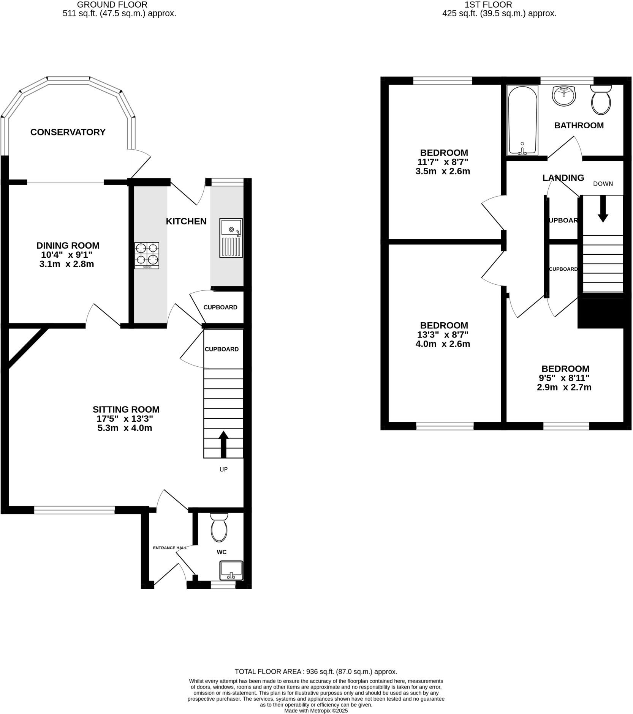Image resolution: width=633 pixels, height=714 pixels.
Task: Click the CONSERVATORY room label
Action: click(x=68, y=132)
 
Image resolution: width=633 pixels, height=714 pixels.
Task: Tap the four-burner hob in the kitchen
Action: click(x=147, y=255)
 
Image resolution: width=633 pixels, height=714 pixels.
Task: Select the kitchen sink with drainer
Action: click(x=231, y=238)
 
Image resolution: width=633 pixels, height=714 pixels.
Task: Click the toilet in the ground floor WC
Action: click(x=219, y=528)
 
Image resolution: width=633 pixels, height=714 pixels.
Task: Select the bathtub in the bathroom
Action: click(x=522, y=120)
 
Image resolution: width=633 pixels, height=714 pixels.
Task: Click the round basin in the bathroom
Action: click(x=564, y=96)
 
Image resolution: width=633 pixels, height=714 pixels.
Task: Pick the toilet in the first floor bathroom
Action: click(x=601, y=99)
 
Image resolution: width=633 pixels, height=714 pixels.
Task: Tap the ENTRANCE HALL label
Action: click(x=170, y=548)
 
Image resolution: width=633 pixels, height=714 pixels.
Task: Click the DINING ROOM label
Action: click(x=68, y=246)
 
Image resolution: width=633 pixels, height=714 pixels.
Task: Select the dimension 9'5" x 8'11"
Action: click(x=565, y=378)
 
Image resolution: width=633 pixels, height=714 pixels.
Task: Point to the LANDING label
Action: click(x=563, y=178)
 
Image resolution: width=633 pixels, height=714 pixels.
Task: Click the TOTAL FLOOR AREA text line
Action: click(x=316, y=671)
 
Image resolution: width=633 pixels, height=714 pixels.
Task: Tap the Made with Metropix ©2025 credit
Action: click(x=316, y=711)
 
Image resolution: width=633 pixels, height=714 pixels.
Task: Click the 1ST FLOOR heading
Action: click(x=488, y=5)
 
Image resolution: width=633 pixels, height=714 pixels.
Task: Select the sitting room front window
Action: click(x=74, y=510)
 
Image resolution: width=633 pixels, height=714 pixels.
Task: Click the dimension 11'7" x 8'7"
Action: click(x=443, y=162)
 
